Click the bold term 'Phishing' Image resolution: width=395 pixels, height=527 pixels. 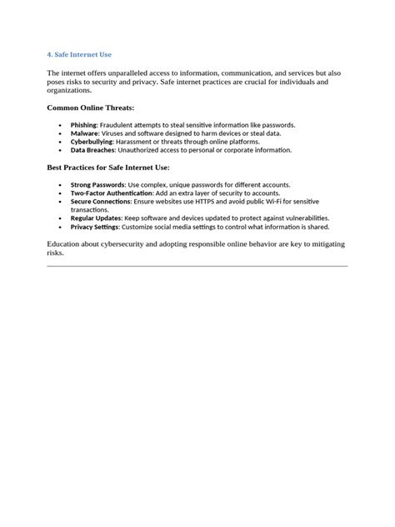pyautogui.click(x=84, y=124)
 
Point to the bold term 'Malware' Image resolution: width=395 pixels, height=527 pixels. pyautogui.click(x=84, y=133)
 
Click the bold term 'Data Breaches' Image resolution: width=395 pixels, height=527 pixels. pyautogui.click(x=92, y=150)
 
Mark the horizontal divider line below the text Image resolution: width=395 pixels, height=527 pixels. pyautogui.click(x=197, y=266)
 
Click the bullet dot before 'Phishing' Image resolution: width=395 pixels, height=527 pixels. pyautogui.click(x=60, y=125)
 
